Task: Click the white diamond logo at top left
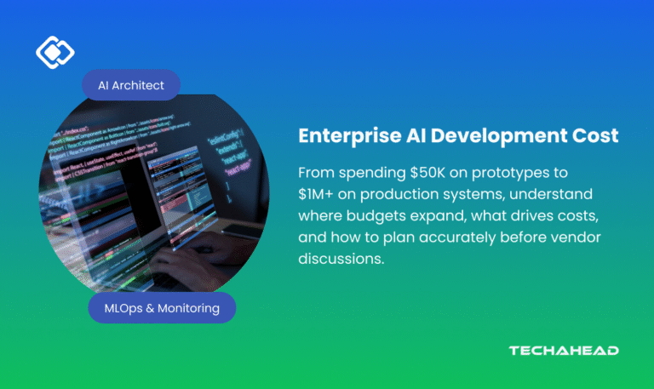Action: click(55, 53)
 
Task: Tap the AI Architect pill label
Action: click(130, 85)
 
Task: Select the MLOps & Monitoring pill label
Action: click(162, 307)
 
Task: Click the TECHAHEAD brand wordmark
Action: click(563, 351)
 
